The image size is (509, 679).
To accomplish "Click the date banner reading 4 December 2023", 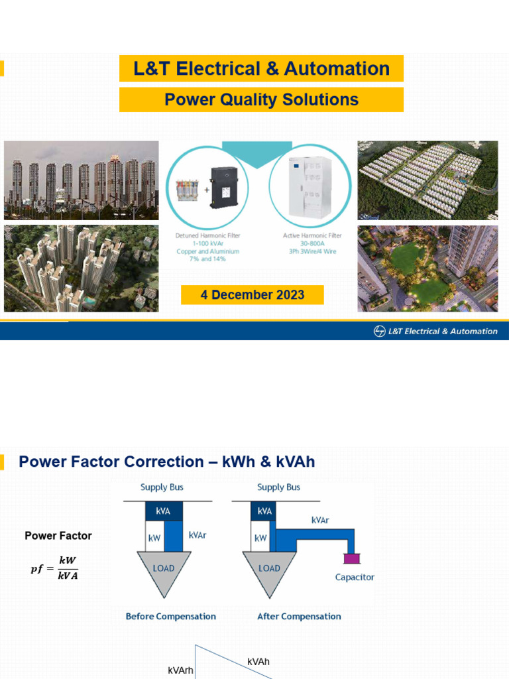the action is (x=253, y=295).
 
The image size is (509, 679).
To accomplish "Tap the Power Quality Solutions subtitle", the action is (x=261, y=99).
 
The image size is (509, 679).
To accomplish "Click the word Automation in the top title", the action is (x=337, y=68).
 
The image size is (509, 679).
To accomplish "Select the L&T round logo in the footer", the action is (x=379, y=332).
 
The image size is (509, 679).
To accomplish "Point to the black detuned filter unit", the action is (x=225, y=188).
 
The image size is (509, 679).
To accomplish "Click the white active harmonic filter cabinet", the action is (x=310, y=186).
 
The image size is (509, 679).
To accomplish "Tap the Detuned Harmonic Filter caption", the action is (x=207, y=235).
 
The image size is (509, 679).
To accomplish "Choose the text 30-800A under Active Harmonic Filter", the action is (x=312, y=243).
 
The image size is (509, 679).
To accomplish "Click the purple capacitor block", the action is (x=351, y=558).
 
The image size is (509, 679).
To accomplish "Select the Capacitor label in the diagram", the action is (x=355, y=578).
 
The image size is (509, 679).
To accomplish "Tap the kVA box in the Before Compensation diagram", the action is (x=164, y=511).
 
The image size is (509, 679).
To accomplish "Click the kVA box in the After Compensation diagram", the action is (x=264, y=511).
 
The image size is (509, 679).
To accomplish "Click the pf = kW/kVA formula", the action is (x=54, y=568).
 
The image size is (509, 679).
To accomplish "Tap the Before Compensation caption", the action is (x=171, y=616).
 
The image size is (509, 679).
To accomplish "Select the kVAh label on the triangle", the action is (x=258, y=662).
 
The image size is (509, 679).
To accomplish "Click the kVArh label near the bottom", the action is (x=180, y=670).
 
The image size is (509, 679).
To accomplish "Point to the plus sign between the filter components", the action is (x=207, y=190).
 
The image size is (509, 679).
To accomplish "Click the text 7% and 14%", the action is (x=207, y=259).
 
